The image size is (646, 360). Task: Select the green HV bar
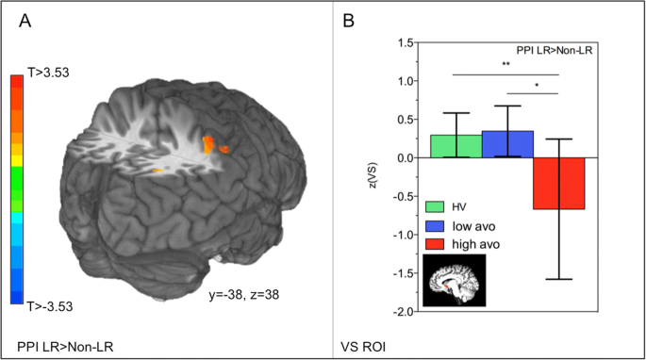[456, 146]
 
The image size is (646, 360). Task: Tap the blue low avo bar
[507, 144]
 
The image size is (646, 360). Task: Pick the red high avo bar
[558, 183]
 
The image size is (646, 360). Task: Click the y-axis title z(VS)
[373, 177]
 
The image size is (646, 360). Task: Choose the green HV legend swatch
[435, 205]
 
